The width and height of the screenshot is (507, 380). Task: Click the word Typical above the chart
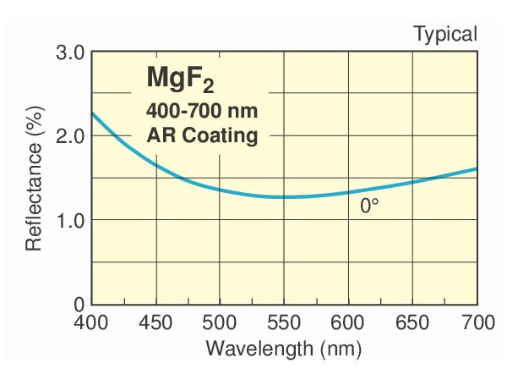(x=445, y=35)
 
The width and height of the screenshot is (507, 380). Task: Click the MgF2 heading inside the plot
(x=180, y=80)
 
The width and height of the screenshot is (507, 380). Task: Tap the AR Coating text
(x=202, y=135)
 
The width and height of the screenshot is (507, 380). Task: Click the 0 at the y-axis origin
(x=79, y=303)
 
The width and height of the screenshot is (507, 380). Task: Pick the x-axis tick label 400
(x=91, y=322)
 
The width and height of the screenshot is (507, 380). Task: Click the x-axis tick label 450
(x=155, y=322)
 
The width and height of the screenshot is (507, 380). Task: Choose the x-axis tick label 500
(x=220, y=322)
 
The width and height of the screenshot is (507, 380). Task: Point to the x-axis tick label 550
(x=284, y=322)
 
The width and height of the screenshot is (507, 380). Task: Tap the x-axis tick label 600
(x=348, y=322)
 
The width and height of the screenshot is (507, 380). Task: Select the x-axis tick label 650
(x=412, y=322)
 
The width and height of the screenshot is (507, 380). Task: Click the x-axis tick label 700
(x=476, y=322)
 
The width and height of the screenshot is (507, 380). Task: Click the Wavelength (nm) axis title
(x=284, y=347)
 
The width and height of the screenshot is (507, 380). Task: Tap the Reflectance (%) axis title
(x=34, y=178)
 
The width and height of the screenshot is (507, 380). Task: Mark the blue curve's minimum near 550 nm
(x=287, y=197)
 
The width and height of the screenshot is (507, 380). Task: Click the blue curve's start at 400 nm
(x=92, y=113)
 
